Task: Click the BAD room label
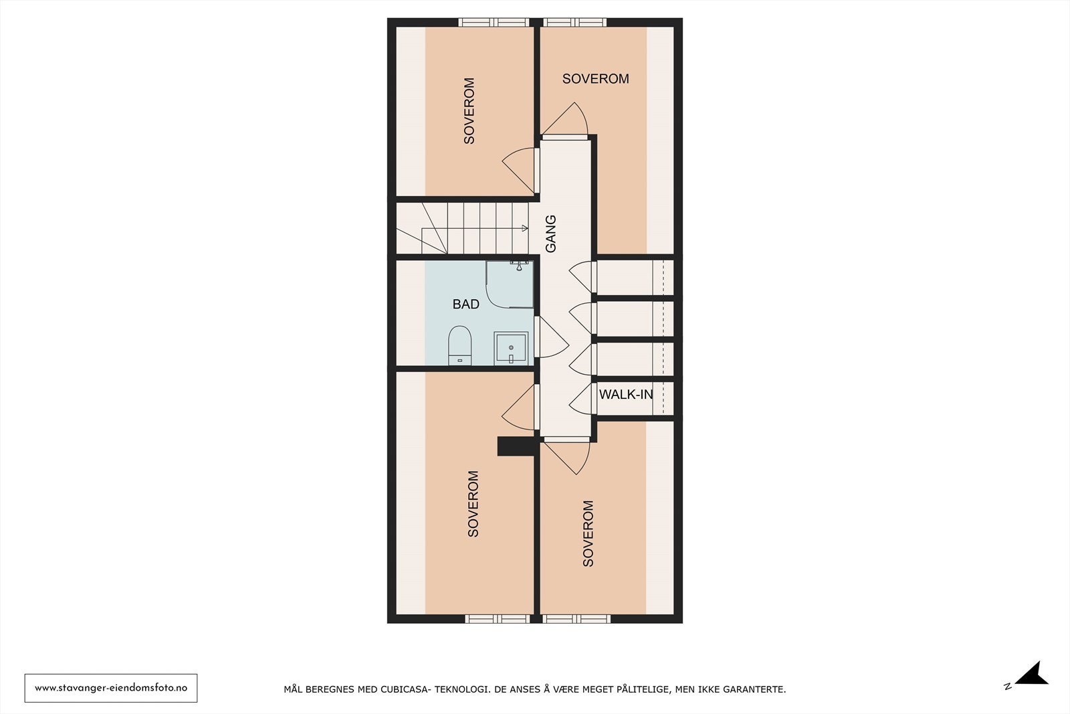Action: [465, 304]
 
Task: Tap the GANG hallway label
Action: [551, 234]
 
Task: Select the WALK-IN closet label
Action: [625, 394]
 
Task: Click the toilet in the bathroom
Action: [460, 344]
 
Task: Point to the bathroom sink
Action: [511, 348]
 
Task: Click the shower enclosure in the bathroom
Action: [510, 284]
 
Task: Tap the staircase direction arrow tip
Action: [526, 228]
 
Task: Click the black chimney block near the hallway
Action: [515, 446]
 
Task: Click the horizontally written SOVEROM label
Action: [595, 79]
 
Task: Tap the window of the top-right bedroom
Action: [575, 22]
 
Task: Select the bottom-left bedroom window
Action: [498, 619]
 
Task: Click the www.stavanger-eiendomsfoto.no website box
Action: [111, 688]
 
